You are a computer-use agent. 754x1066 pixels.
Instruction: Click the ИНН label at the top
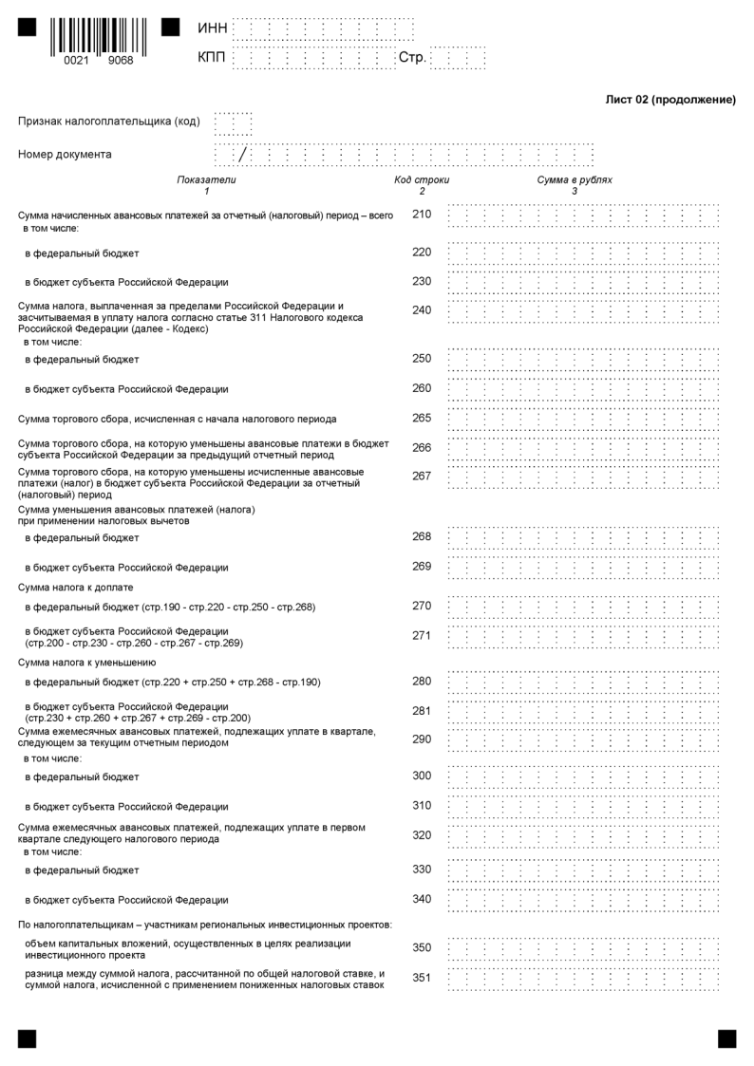[212, 29]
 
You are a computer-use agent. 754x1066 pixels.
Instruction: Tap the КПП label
[212, 58]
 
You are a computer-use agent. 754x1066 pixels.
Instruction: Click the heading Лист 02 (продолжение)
[670, 100]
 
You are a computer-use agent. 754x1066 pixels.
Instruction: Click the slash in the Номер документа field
[243, 154]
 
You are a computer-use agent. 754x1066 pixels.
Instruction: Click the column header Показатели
[206, 179]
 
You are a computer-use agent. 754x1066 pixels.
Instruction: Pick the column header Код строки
[422, 179]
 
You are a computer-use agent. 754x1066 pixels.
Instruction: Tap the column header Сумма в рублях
[575, 179]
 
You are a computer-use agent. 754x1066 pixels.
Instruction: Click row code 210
[422, 215]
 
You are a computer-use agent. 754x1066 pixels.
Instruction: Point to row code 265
[422, 418]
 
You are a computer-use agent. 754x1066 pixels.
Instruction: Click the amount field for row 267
[583, 477]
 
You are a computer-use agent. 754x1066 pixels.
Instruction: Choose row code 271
[422, 636]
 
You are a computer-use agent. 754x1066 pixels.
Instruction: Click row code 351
[422, 977]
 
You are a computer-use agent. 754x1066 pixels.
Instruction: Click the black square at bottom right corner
[726, 1038]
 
